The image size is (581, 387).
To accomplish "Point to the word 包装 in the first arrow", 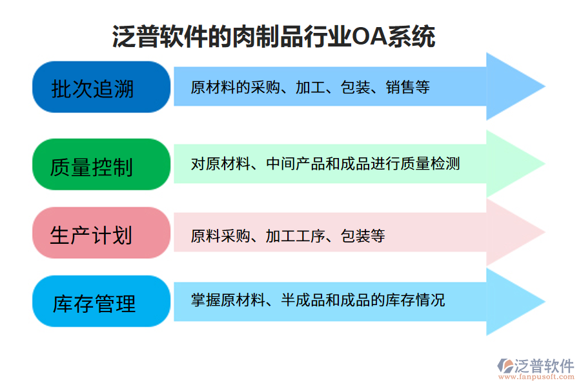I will click(x=355, y=87).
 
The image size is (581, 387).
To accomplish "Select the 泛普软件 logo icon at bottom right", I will click(x=505, y=366).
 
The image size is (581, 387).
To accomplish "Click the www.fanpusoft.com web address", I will click(x=535, y=379).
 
